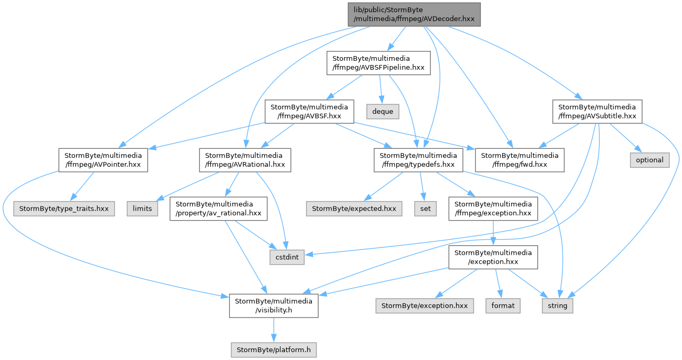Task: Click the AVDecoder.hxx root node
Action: [x=414, y=14]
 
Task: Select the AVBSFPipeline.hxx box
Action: [x=378, y=63]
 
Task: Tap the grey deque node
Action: [x=383, y=112]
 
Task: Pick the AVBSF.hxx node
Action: [x=309, y=112]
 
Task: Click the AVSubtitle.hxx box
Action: [x=598, y=112]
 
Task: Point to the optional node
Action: [x=649, y=160]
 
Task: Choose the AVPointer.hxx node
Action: [x=103, y=160]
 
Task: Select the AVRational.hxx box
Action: [x=245, y=160]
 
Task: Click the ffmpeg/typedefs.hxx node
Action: [x=418, y=160]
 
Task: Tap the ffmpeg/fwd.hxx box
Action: [x=519, y=160]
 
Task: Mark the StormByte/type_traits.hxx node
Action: [x=64, y=209]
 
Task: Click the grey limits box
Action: [x=143, y=209]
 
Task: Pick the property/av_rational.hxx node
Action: [x=219, y=209]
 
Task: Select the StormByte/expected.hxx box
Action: [x=354, y=209]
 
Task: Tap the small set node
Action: [x=425, y=209]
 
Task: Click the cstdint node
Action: [x=287, y=257]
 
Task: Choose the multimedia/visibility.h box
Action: [x=274, y=306]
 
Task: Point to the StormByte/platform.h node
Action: [x=274, y=350]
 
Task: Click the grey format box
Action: [x=503, y=306]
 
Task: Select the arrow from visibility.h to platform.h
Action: [x=274, y=330]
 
